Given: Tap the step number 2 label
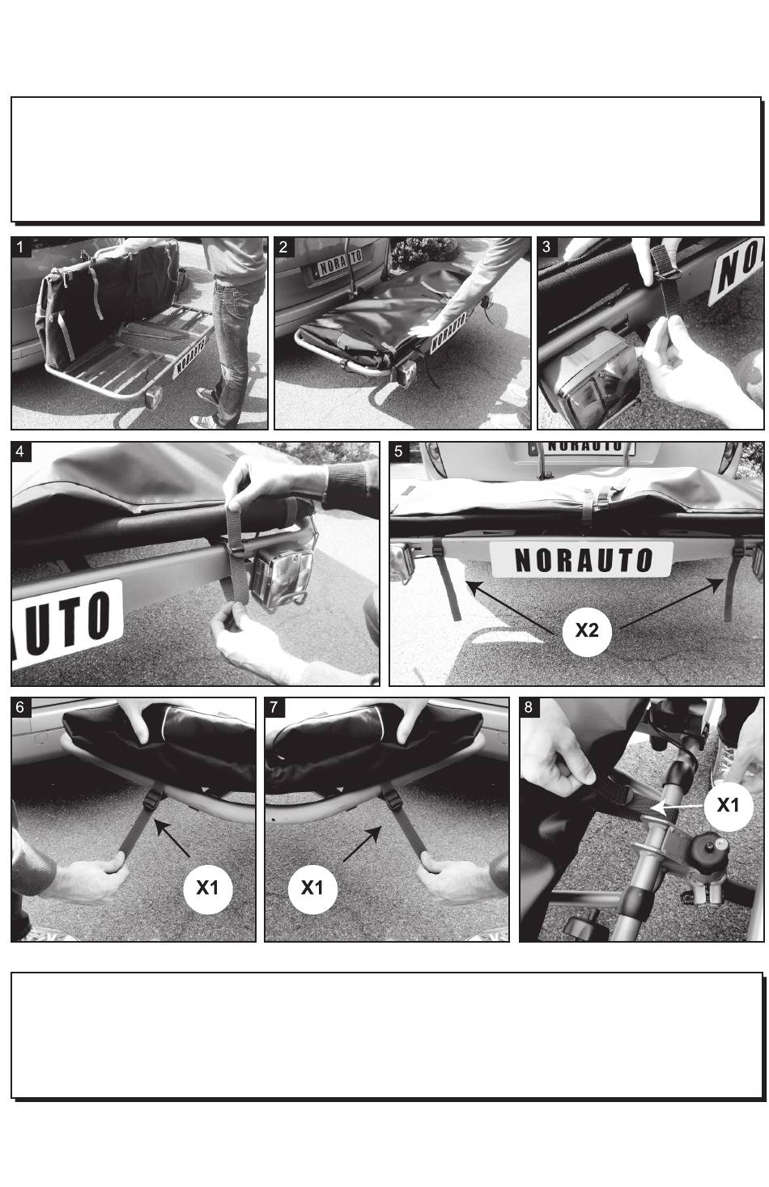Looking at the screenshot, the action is pyautogui.click(x=283, y=247).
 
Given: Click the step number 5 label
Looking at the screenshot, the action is pyautogui.click(x=399, y=452).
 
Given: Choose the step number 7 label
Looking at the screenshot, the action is pyautogui.click(x=274, y=707).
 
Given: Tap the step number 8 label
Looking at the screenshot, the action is pyautogui.click(x=529, y=707).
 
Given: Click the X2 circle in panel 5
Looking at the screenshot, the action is pyautogui.click(x=587, y=630).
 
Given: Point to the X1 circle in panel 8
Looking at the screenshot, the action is pyautogui.click(x=729, y=806).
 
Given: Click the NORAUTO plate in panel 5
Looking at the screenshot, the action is pyautogui.click(x=582, y=559).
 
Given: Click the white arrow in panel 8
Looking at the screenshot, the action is pyautogui.click(x=677, y=807).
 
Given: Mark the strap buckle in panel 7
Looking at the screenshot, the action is pyautogui.click(x=390, y=797).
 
